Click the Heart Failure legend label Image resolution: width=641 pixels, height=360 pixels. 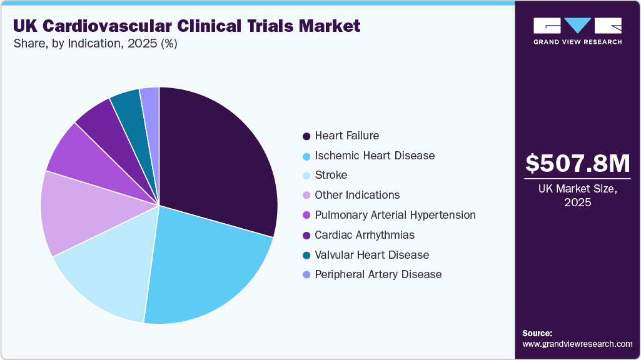coord(346,136)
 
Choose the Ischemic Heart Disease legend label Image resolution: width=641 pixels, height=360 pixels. coord(375,156)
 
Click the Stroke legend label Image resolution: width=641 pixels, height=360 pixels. coord(331,175)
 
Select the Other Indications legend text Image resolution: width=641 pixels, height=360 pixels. coord(357,195)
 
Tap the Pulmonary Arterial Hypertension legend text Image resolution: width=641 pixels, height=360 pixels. coord(395,215)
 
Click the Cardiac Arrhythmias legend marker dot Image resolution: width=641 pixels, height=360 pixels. coord(306,235)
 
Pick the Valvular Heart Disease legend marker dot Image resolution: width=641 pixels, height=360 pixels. coord(306,255)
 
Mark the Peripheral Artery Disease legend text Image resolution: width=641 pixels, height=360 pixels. coord(378,274)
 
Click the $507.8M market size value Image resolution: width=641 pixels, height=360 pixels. coord(577,164)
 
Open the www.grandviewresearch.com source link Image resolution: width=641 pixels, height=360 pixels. coord(577,344)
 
